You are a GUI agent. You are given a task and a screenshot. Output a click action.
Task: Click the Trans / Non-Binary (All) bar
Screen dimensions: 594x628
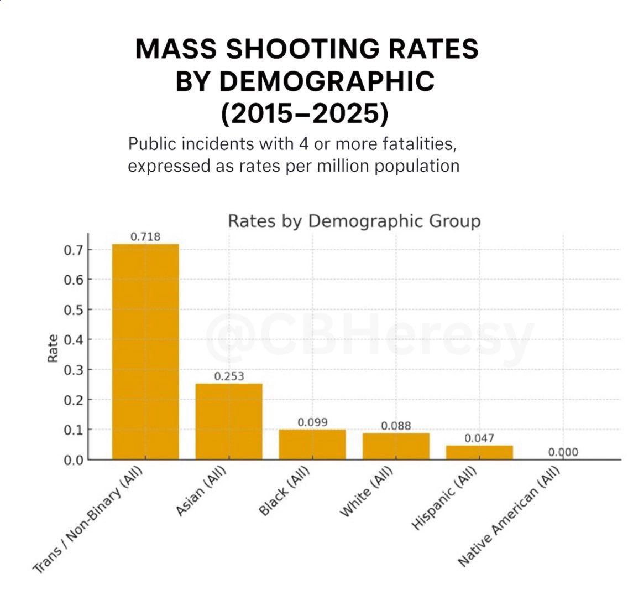[145, 352]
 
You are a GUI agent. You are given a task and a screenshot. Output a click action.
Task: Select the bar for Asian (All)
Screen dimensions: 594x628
[229, 421]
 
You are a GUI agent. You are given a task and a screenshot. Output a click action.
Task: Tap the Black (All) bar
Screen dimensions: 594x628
[312, 444]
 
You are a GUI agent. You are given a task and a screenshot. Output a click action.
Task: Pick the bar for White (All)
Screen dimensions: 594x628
[396, 446]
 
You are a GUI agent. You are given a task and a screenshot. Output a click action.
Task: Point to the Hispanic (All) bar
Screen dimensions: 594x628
[479, 452]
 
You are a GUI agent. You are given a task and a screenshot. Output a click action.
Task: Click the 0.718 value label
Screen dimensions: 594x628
[145, 237]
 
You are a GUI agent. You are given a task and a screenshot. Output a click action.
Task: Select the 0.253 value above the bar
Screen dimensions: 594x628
[229, 376]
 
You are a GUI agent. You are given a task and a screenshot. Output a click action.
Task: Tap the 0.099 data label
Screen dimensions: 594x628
[312, 422]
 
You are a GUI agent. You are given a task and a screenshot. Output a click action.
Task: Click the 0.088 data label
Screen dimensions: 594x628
[396, 426]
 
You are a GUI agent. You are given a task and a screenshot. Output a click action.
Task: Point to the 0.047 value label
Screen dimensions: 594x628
[479, 438]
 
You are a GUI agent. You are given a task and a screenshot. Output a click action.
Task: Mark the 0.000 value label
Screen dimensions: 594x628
[563, 452]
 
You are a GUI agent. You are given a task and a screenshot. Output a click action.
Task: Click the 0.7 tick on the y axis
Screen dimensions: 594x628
[74, 250]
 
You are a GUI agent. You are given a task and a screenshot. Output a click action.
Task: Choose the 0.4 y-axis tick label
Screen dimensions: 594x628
[74, 339]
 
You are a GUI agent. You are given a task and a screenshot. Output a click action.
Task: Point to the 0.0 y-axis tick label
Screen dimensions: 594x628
[74, 459]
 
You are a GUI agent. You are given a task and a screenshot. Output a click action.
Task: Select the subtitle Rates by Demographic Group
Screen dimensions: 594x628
[354, 221]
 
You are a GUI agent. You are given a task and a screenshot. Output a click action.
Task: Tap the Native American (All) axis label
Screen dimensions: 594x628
[509, 518]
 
